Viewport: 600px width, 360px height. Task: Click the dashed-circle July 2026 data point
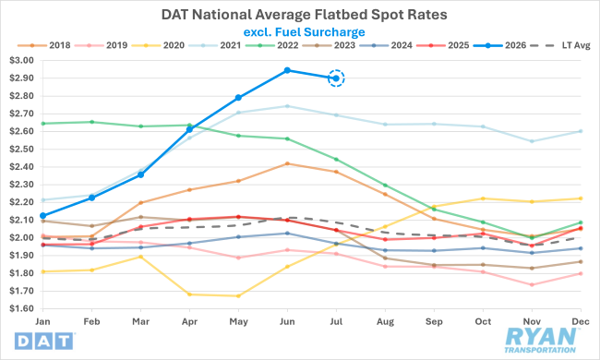[336, 78]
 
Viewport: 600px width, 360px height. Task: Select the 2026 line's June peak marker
[287, 70]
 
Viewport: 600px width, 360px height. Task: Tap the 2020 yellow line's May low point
[238, 295]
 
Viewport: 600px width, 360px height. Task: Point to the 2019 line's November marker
[532, 284]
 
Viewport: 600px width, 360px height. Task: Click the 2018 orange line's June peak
[287, 163]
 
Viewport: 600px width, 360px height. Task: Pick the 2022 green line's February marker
[91, 122]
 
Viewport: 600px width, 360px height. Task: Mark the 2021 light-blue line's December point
[581, 131]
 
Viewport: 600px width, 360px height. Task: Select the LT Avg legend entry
[560, 45]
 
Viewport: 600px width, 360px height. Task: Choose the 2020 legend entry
[158, 45]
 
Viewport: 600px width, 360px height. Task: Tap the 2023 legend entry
[329, 45]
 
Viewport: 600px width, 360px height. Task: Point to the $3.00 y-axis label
[21, 60]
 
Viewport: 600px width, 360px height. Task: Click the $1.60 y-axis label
[21, 308]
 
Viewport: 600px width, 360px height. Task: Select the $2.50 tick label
[21, 149]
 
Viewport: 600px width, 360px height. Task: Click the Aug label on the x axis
[385, 322]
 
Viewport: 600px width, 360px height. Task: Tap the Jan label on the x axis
[42, 321]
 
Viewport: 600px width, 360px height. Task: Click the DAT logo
[44, 341]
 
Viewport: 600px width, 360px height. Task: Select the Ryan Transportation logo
[540, 340]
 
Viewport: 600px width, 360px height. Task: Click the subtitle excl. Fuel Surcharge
[305, 32]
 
